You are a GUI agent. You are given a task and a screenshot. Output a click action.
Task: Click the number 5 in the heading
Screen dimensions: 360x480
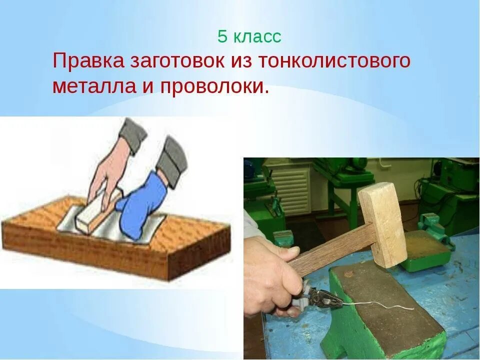tap(222, 36)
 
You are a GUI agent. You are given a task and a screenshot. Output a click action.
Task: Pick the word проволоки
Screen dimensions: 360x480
tap(214, 86)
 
